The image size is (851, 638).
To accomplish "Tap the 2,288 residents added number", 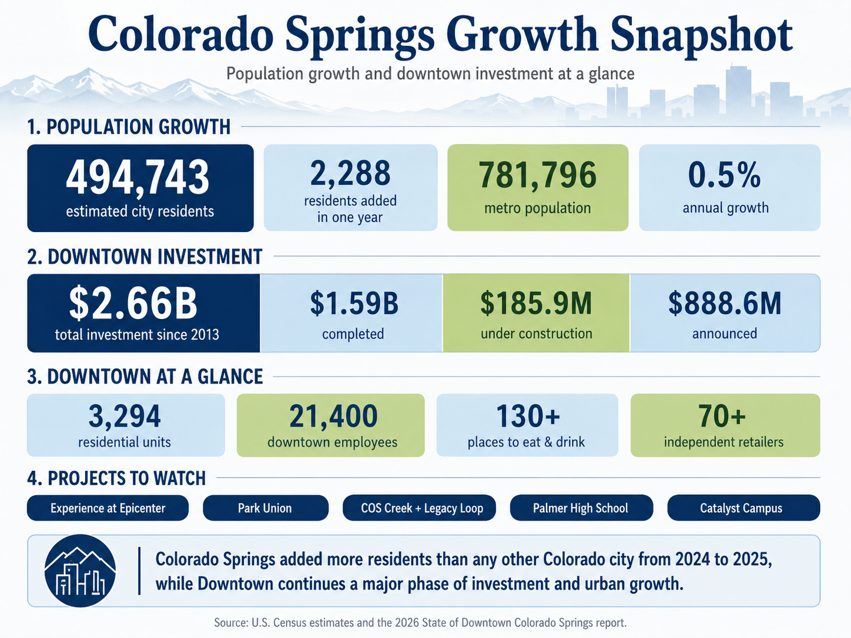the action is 350,173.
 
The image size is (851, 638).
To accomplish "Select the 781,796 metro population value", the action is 537,175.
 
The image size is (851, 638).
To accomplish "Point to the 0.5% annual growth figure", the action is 724,175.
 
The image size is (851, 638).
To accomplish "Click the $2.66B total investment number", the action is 133,303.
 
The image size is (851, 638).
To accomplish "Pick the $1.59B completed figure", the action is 354,303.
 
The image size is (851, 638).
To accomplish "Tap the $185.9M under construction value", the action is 536,303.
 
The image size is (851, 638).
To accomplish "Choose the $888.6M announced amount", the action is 725,303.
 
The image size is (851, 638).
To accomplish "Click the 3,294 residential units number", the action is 125,417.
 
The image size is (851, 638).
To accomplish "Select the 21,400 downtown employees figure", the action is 333,417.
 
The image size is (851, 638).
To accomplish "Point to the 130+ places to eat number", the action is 528,416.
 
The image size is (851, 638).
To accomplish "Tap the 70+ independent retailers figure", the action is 722,416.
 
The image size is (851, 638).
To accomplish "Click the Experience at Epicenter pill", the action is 108,508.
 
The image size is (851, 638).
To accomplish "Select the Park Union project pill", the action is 266,508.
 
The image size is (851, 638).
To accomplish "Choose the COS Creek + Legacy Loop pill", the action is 419,508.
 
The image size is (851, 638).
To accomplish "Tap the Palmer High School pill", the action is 582,508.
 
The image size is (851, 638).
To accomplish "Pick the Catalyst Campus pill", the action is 743,508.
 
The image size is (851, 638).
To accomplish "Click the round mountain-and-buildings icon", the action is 81,570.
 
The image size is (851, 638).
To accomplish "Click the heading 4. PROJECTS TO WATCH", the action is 116,478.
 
